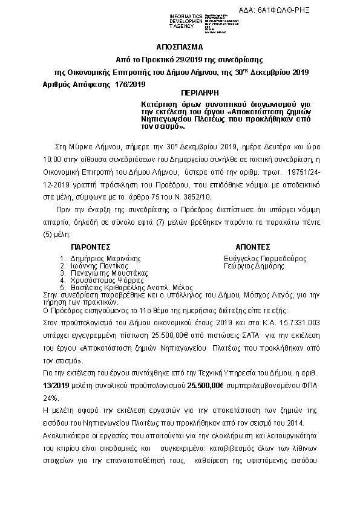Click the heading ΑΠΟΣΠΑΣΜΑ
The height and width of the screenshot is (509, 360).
[180, 46]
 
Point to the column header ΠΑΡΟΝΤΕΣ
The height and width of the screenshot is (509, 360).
[90, 247]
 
